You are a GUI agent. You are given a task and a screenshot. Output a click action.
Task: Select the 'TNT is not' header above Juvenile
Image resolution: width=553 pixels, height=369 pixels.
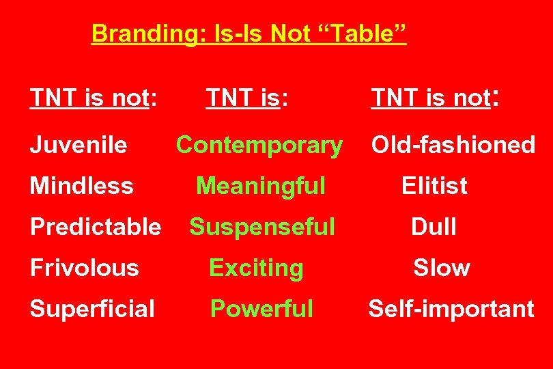(94, 98)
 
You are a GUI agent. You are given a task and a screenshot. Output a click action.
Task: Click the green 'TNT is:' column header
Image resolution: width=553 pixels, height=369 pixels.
(246, 98)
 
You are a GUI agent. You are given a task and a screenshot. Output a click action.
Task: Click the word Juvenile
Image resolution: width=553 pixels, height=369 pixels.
(79, 145)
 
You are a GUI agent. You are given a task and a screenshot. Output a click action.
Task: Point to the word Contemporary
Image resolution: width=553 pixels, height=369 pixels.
(259, 145)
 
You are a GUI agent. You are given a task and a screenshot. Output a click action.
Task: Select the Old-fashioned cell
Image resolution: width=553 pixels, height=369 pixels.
(453, 145)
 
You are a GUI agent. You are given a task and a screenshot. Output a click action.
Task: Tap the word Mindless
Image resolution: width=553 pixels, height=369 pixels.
(82, 186)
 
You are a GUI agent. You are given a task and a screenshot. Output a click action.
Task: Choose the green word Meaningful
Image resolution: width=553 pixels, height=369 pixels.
(260, 186)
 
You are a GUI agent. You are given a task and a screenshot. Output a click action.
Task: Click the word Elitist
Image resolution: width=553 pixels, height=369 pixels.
(434, 186)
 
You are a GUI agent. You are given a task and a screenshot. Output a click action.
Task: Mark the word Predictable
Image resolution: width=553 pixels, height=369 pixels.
(96, 227)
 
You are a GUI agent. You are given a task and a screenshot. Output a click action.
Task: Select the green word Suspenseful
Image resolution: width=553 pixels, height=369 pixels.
(262, 227)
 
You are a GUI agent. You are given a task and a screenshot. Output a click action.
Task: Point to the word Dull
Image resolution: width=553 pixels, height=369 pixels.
(434, 227)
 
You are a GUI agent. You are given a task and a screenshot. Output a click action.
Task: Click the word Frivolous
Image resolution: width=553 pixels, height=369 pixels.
(85, 268)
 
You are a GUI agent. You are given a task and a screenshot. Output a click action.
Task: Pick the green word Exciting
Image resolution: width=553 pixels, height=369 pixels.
(256, 268)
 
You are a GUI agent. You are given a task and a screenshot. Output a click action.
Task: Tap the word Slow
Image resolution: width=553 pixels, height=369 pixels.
(441, 268)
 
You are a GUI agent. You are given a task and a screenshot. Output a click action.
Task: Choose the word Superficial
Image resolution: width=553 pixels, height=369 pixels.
(92, 309)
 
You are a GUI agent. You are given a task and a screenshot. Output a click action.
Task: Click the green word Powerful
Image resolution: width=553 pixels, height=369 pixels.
(261, 309)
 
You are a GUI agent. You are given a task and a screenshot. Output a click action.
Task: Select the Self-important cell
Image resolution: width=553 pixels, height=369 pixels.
(451, 309)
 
